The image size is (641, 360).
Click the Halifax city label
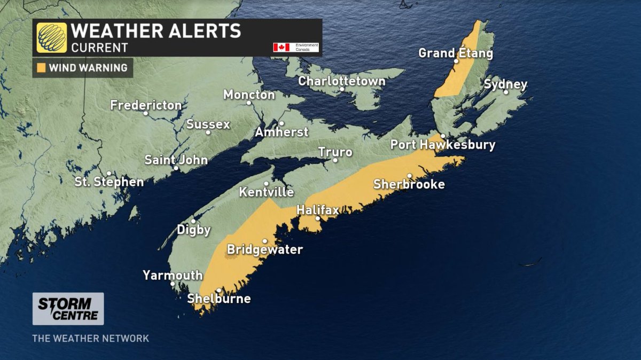[x=318, y=210]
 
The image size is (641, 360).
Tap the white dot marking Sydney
[x=505, y=92]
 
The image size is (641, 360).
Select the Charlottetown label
[x=341, y=82]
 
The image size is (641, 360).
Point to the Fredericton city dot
[x=145, y=113]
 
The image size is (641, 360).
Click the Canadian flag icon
[x=281, y=47]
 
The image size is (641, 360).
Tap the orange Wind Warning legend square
[x=41, y=68]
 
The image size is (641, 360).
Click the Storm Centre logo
[x=68, y=309]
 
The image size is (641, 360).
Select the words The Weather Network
[x=90, y=339]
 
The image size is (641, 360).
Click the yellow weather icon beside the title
[x=52, y=37]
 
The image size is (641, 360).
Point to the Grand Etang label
[x=455, y=53]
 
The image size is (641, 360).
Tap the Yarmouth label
[x=173, y=276]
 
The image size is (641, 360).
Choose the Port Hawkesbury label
[x=443, y=145]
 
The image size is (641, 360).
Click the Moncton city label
[x=249, y=95]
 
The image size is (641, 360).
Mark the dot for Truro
[x=335, y=160]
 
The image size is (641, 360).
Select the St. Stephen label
[x=109, y=182]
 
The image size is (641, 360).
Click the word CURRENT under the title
[x=100, y=48]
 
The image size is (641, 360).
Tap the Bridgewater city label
[x=265, y=249]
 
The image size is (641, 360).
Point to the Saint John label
[x=176, y=160]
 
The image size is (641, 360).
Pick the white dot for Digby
[x=193, y=221]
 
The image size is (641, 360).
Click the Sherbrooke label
[x=409, y=184]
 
